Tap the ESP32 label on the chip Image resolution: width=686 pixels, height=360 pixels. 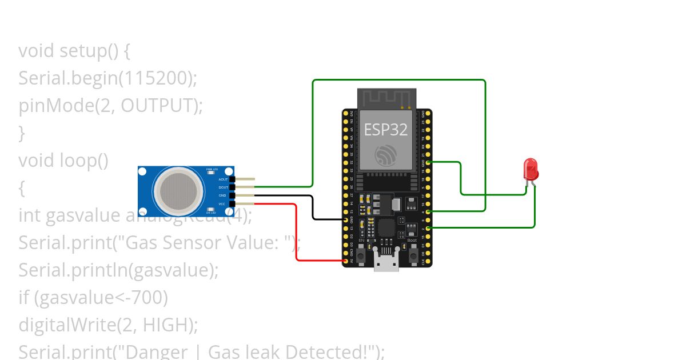[386, 130]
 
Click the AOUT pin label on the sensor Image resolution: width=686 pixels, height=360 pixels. [223, 179]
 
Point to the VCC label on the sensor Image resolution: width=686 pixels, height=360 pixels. [223, 203]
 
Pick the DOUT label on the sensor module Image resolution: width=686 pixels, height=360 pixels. [223, 187]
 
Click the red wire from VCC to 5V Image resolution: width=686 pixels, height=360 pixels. [296, 234]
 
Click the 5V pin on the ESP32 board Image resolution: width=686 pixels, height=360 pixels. [345, 261]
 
